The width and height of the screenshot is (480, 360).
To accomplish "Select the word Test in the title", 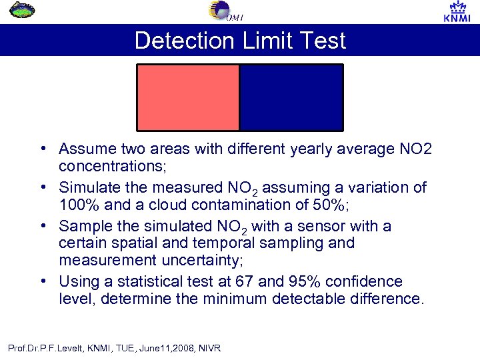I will pos(322,41).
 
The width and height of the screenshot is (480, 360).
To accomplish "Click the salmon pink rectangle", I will pos(188,97).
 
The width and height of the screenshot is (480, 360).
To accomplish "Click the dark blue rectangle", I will pos(291,97).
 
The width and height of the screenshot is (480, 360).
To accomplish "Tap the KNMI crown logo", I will pos(457,11).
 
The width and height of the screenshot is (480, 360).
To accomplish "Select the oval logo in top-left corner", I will pos(24,11).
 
